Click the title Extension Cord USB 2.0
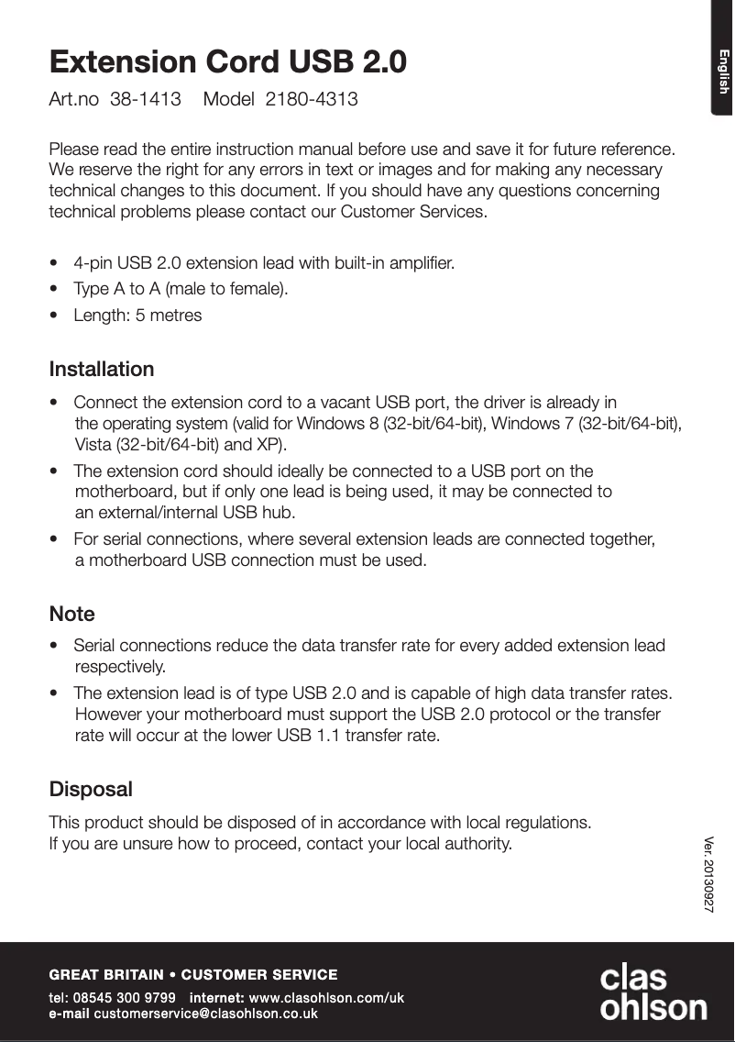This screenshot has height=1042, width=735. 228,62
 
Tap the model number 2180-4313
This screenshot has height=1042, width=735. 312,99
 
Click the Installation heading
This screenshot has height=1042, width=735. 102,370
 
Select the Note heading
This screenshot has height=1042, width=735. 72,614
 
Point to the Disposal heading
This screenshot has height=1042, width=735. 91,789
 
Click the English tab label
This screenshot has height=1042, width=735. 722,72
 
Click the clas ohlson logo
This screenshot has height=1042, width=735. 653,992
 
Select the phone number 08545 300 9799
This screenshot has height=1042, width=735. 125,997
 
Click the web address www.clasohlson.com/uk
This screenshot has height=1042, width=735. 326,997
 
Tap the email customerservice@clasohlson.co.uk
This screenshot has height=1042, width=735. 205,1014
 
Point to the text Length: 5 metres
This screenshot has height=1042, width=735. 137,316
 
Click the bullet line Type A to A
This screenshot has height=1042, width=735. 181,289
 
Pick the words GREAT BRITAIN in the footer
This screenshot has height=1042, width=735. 106,974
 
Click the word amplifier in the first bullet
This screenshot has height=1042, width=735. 420,263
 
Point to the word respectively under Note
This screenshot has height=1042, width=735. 120,665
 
